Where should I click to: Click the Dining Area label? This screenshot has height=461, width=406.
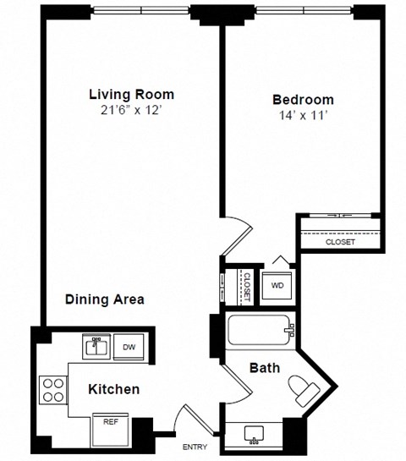click(x=106, y=299)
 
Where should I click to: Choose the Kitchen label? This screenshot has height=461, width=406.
click(x=114, y=389)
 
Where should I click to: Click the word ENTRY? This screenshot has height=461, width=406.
click(x=195, y=447)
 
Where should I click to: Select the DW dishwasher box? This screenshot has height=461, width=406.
click(x=129, y=346)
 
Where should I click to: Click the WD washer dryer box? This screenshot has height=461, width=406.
click(x=277, y=285)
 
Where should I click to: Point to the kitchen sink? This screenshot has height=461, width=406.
click(x=96, y=345)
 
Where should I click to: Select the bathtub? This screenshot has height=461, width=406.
click(x=260, y=329)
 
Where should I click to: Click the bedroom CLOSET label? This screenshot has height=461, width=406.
click(x=341, y=242)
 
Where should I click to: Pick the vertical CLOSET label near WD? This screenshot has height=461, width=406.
click(x=247, y=285)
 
